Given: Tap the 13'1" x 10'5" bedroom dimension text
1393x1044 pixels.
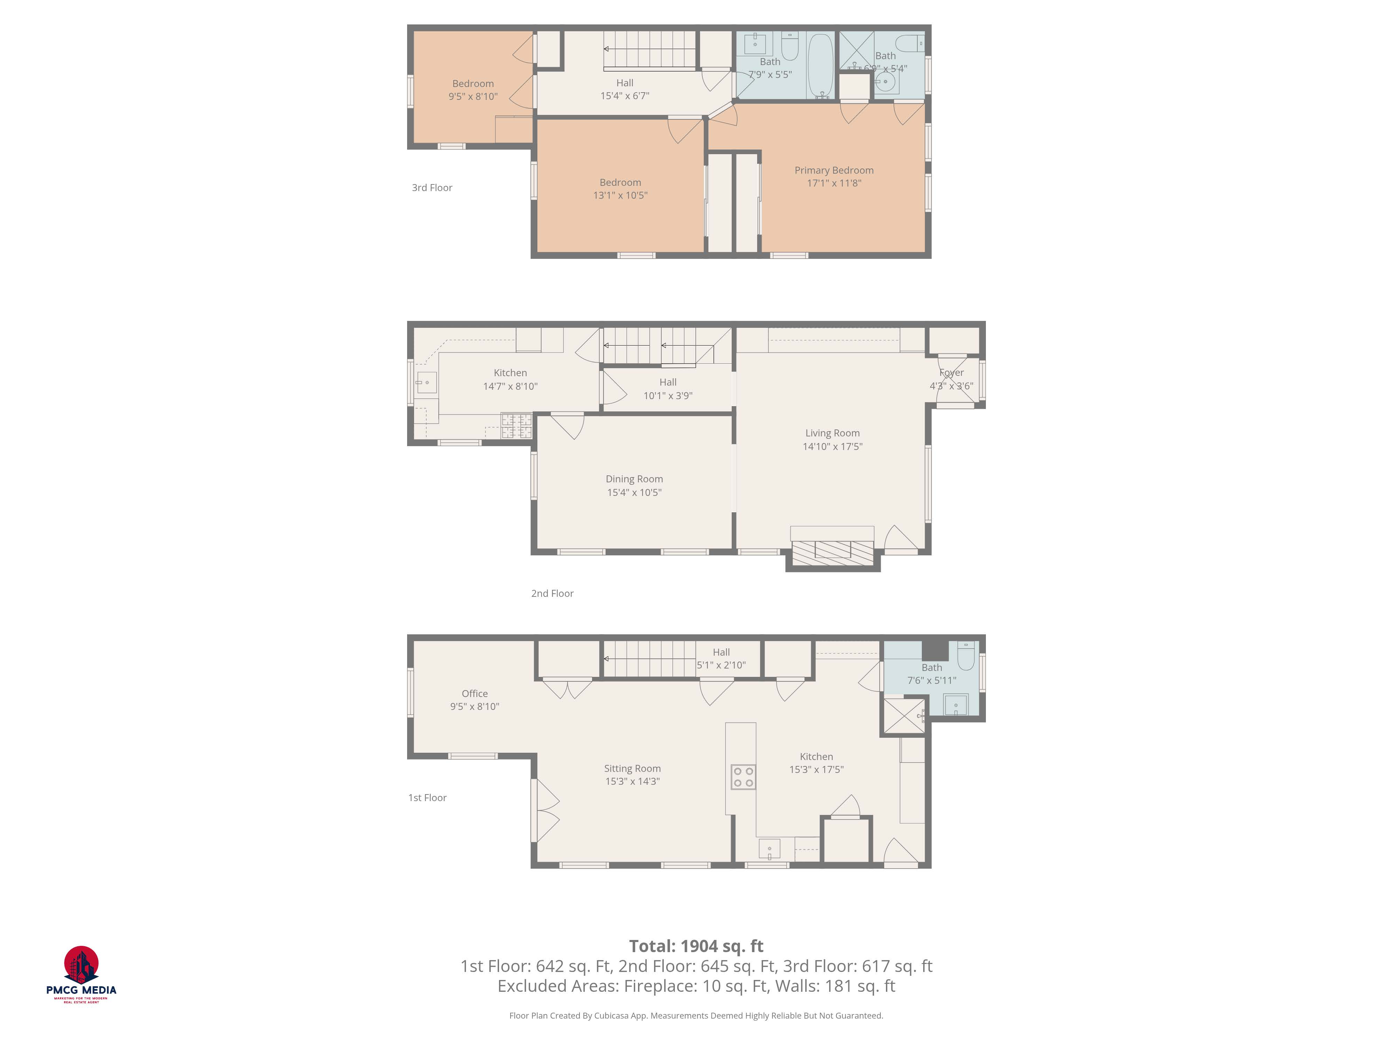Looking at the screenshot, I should (620, 196).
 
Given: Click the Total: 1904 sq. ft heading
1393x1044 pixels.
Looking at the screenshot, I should (696, 946).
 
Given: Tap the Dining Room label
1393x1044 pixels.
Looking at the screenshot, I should (634, 479).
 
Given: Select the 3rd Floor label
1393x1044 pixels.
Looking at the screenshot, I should (432, 188).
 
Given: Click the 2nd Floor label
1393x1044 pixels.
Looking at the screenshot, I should (552, 593).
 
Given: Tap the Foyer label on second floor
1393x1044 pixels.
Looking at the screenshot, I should (951, 373).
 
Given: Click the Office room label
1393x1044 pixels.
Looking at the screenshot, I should (474, 694).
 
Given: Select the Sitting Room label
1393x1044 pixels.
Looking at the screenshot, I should (632, 768).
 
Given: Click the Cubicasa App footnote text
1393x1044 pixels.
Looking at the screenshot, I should (696, 1016).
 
